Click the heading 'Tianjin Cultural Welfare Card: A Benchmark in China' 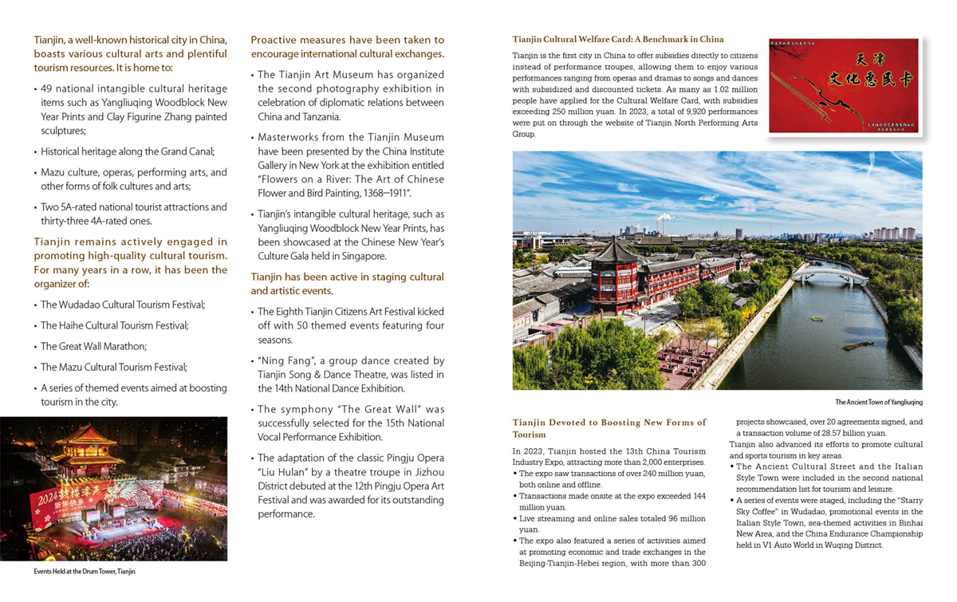click(618, 39)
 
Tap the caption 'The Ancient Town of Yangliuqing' click(878, 402)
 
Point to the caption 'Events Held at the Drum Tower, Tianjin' click(85, 572)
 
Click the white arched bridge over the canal click(834, 274)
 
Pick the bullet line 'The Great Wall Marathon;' click(93, 346)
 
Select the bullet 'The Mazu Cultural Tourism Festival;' click(113, 367)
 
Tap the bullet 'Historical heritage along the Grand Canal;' click(127, 151)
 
